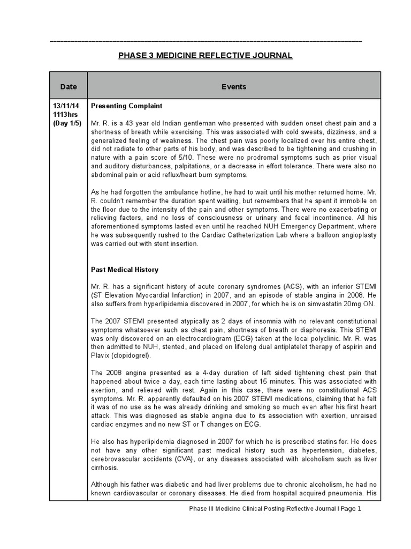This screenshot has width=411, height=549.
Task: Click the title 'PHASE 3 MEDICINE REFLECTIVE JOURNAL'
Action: click(205, 56)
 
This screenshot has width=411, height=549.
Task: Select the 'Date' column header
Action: click(68, 86)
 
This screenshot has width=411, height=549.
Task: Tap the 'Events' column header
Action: click(234, 86)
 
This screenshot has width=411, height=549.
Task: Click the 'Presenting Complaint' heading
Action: click(127, 106)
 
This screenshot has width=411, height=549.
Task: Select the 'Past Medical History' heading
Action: click(125, 270)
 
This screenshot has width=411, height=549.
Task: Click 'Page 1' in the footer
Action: click(351, 509)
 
